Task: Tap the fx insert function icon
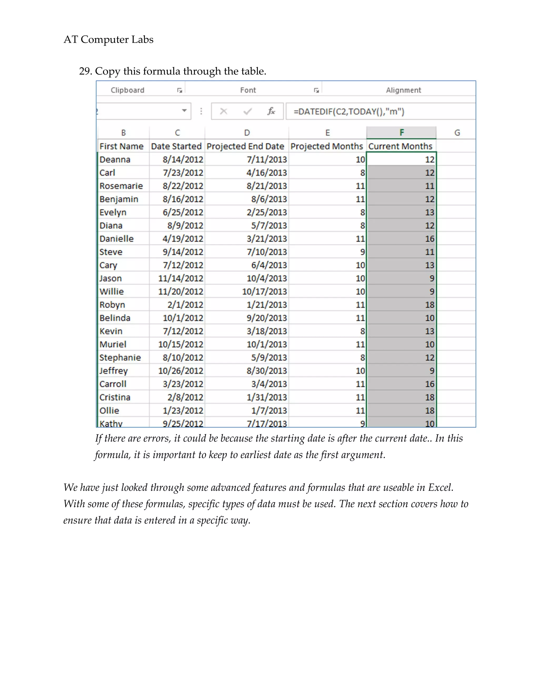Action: click(x=271, y=111)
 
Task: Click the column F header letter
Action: click(x=401, y=133)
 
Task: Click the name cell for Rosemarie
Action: click(x=121, y=186)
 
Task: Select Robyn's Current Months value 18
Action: click(x=429, y=305)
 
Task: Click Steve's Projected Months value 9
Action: click(x=362, y=252)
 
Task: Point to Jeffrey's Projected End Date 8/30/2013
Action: click(x=266, y=371)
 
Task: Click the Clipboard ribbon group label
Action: click(x=127, y=90)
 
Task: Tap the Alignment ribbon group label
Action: click(x=403, y=90)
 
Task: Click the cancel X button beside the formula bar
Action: click(x=223, y=111)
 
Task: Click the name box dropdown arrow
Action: click(x=184, y=111)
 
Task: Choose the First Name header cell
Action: click(x=121, y=146)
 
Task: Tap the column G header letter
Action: click(x=457, y=133)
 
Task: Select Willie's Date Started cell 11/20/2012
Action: click(x=180, y=291)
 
